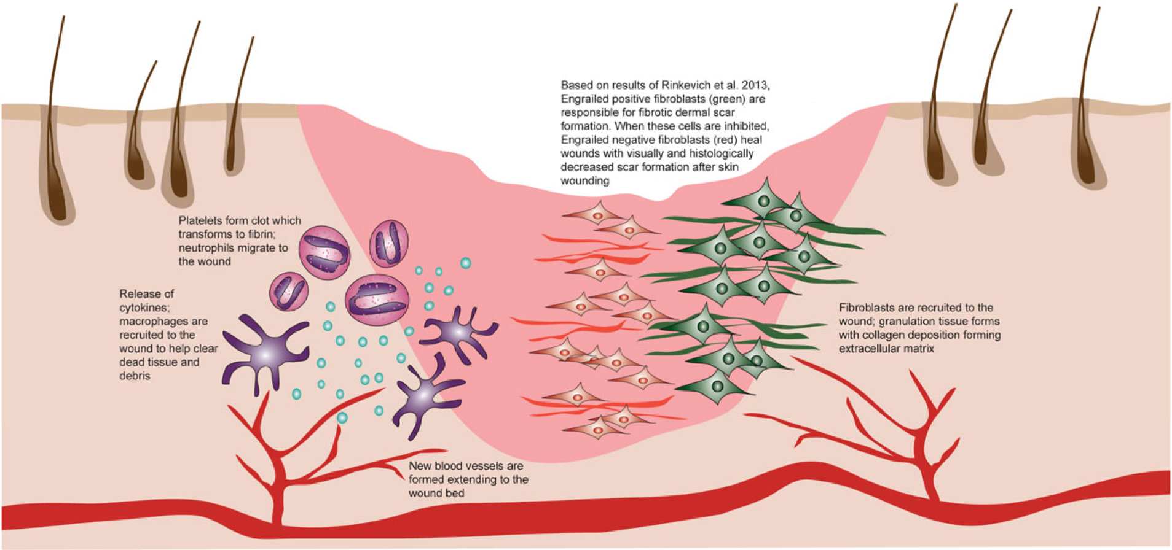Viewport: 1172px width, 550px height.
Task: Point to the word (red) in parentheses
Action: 710,140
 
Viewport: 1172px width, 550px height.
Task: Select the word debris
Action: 135,376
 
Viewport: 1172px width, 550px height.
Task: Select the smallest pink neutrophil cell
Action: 288,291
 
